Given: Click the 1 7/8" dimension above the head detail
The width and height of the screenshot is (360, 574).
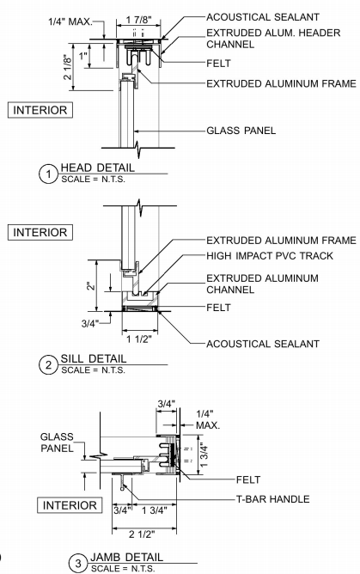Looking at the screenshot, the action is tap(138, 20).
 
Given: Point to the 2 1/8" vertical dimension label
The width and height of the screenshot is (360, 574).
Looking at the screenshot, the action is tap(68, 67).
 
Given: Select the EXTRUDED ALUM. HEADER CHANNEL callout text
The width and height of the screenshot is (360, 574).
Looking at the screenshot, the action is tap(273, 39).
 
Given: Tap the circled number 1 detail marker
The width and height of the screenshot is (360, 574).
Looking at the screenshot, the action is tap(48, 174).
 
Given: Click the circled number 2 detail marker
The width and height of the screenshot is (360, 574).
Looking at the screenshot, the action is tap(48, 365).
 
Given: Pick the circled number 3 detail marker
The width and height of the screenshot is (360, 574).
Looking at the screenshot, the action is tap(78, 563).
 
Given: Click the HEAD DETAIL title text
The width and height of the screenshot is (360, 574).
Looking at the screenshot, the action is tap(98, 168).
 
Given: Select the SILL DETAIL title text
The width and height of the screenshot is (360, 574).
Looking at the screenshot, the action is tap(94, 359).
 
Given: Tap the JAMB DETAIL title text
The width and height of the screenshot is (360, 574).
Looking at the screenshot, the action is tap(126, 557).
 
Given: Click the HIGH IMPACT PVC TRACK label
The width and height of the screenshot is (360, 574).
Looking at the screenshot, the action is tap(270, 255).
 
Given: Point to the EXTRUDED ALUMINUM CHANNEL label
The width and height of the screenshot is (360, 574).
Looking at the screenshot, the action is tap(262, 284).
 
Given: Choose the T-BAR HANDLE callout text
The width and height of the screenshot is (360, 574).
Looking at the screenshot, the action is tap(273, 499).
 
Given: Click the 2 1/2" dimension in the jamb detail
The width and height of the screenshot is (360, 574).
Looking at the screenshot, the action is tap(142, 534).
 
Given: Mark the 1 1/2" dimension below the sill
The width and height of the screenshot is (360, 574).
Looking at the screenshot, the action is tap(139, 339).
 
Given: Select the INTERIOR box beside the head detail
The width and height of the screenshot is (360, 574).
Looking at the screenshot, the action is tap(40, 110).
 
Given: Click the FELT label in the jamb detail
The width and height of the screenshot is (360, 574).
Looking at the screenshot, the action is tap(248, 479).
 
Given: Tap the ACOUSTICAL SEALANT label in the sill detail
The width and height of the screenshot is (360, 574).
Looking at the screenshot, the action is tap(263, 344).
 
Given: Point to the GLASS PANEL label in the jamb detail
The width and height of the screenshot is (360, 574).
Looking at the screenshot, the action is tap(57, 443).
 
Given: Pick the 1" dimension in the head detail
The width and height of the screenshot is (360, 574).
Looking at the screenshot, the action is tap(84, 56).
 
